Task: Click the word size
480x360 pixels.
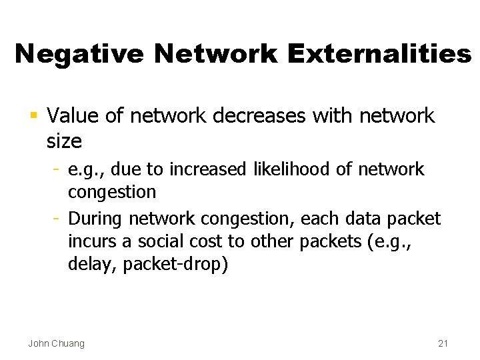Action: (x=65, y=141)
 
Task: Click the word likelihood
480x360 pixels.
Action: (x=294, y=170)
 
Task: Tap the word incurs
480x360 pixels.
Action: (x=89, y=241)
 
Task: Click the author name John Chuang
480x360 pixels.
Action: (x=56, y=343)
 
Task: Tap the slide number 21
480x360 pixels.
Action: (x=443, y=343)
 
